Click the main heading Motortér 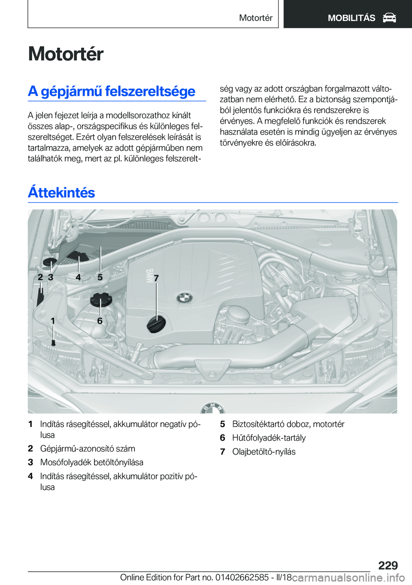pyautogui.click(x=66, y=54)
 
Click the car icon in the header pyautogui.click(x=389, y=18)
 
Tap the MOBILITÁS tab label pyautogui.click(x=351, y=18)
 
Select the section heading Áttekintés pyautogui.click(x=61, y=192)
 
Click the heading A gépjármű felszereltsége pyautogui.click(x=112, y=91)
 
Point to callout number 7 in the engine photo pyautogui.click(x=156, y=278)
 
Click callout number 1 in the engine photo pyautogui.click(x=53, y=321)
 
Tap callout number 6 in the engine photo pyautogui.click(x=100, y=321)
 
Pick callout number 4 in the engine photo pyautogui.click(x=78, y=277)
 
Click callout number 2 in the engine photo pyautogui.click(x=40, y=277)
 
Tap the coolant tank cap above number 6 pyautogui.click(x=101, y=299)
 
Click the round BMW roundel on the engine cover pyautogui.click(x=185, y=298)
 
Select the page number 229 pyautogui.click(x=388, y=565)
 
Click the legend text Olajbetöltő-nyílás pyautogui.click(x=264, y=452)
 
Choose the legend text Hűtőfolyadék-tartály pyautogui.click(x=269, y=438)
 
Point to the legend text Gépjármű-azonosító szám pyautogui.click(x=88, y=449)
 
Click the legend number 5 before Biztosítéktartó pyautogui.click(x=222, y=424)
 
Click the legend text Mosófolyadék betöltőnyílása pyautogui.click(x=92, y=463)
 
